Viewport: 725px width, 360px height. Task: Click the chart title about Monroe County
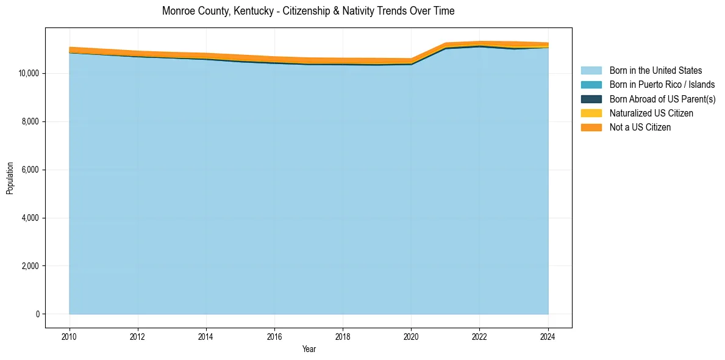click(308, 11)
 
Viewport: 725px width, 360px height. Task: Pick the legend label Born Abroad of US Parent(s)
click(662, 99)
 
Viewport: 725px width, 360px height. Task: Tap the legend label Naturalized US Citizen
click(651, 113)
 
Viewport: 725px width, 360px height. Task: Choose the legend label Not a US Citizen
click(640, 128)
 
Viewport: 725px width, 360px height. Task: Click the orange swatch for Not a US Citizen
click(591, 128)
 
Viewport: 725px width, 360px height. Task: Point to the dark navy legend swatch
click(591, 99)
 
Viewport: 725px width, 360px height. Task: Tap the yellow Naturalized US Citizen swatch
click(591, 113)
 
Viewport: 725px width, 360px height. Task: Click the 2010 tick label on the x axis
click(70, 336)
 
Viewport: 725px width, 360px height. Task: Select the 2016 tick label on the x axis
click(274, 336)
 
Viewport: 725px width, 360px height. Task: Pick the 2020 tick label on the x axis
click(411, 336)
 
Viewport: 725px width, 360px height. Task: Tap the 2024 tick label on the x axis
click(548, 336)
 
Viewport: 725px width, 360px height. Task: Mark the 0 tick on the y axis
click(37, 314)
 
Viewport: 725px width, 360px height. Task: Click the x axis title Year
click(309, 349)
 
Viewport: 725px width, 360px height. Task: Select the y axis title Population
click(10, 178)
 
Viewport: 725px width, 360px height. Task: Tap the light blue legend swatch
click(591, 71)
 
